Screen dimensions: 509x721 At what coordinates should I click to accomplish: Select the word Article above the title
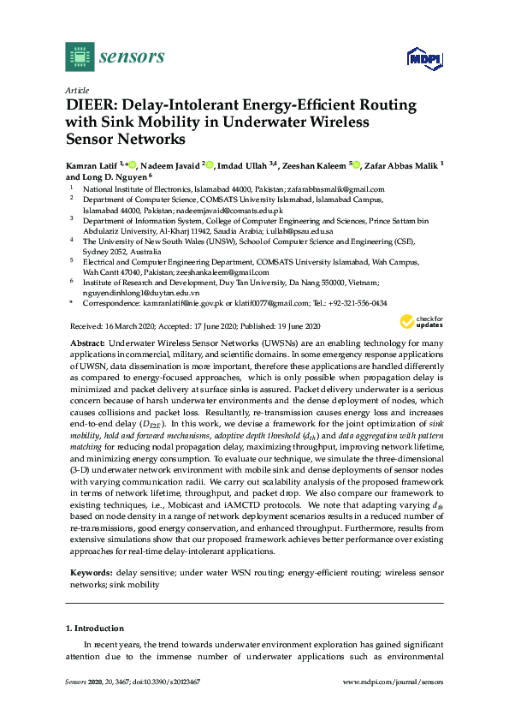78,89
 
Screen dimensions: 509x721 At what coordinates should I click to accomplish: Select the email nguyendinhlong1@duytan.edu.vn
137,292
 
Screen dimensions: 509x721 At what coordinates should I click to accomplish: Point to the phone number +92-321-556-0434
358,303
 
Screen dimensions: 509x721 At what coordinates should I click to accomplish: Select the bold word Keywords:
90,570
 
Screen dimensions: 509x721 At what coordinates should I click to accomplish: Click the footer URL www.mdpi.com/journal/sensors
392,682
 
